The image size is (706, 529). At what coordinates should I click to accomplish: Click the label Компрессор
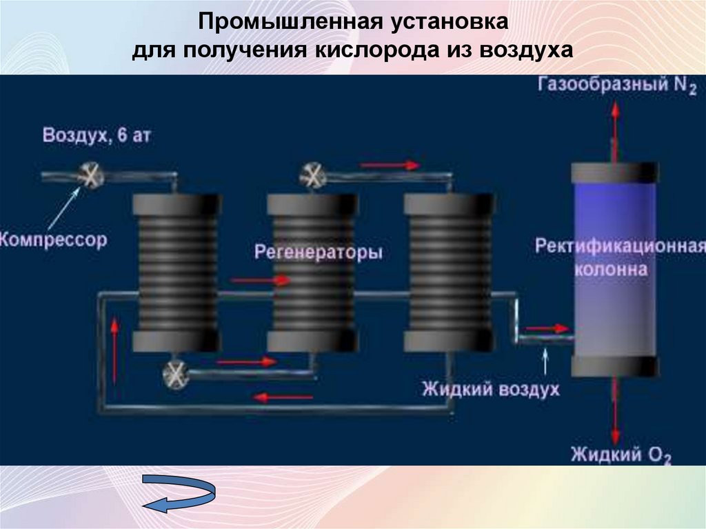coord(54,241)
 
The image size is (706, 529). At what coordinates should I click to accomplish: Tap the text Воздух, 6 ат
coord(97,134)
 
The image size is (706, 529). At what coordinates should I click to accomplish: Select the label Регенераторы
coord(318,252)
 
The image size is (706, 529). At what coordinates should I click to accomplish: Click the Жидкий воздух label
coord(490,390)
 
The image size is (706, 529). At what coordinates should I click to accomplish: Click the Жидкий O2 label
coord(621,455)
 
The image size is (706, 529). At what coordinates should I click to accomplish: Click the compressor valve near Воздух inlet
coord(90,174)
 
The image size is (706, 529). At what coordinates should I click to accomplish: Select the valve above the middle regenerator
coord(312,175)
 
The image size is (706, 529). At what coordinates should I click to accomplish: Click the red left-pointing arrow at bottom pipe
coord(283,397)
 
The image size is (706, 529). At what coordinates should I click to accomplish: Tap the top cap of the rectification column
coord(614,172)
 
